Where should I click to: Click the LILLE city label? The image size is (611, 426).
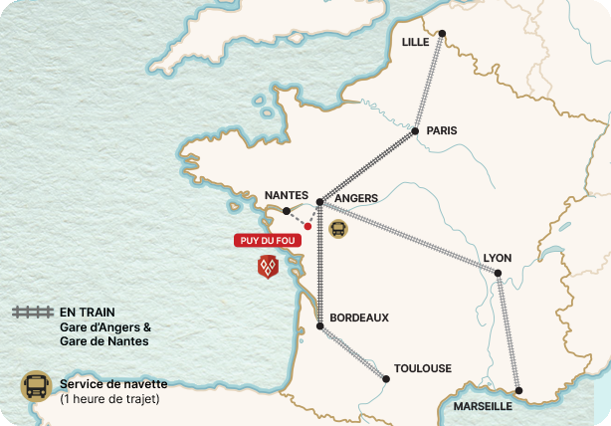point(416,42)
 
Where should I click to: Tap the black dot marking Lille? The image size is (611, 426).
point(442,33)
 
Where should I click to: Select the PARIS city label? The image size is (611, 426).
point(441,130)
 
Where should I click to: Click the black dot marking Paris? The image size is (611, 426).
point(415,130)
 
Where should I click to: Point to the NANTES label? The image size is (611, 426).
point(288,196)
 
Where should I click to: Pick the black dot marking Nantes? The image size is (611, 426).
point(287,211)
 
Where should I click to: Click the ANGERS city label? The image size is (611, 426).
point(356,198)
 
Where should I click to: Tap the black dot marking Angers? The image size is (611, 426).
point(319,202)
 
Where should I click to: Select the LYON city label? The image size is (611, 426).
point(498,258)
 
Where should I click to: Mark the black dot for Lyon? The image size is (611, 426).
point(498,272)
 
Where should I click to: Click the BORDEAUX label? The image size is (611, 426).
point(358,318)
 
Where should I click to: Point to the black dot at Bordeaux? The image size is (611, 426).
point(319,326)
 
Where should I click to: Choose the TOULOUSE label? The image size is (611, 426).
point(423,367)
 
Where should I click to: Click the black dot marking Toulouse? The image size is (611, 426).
point(386,377)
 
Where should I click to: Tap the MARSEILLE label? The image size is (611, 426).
point(483,406)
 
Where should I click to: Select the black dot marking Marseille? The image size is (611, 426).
point(518,390)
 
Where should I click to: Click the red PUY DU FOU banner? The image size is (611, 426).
point(267,240)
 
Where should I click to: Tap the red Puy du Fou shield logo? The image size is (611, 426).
point(267,266)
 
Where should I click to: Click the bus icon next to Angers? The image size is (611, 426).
point(338,228)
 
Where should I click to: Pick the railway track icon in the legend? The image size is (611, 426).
point(32,312)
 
